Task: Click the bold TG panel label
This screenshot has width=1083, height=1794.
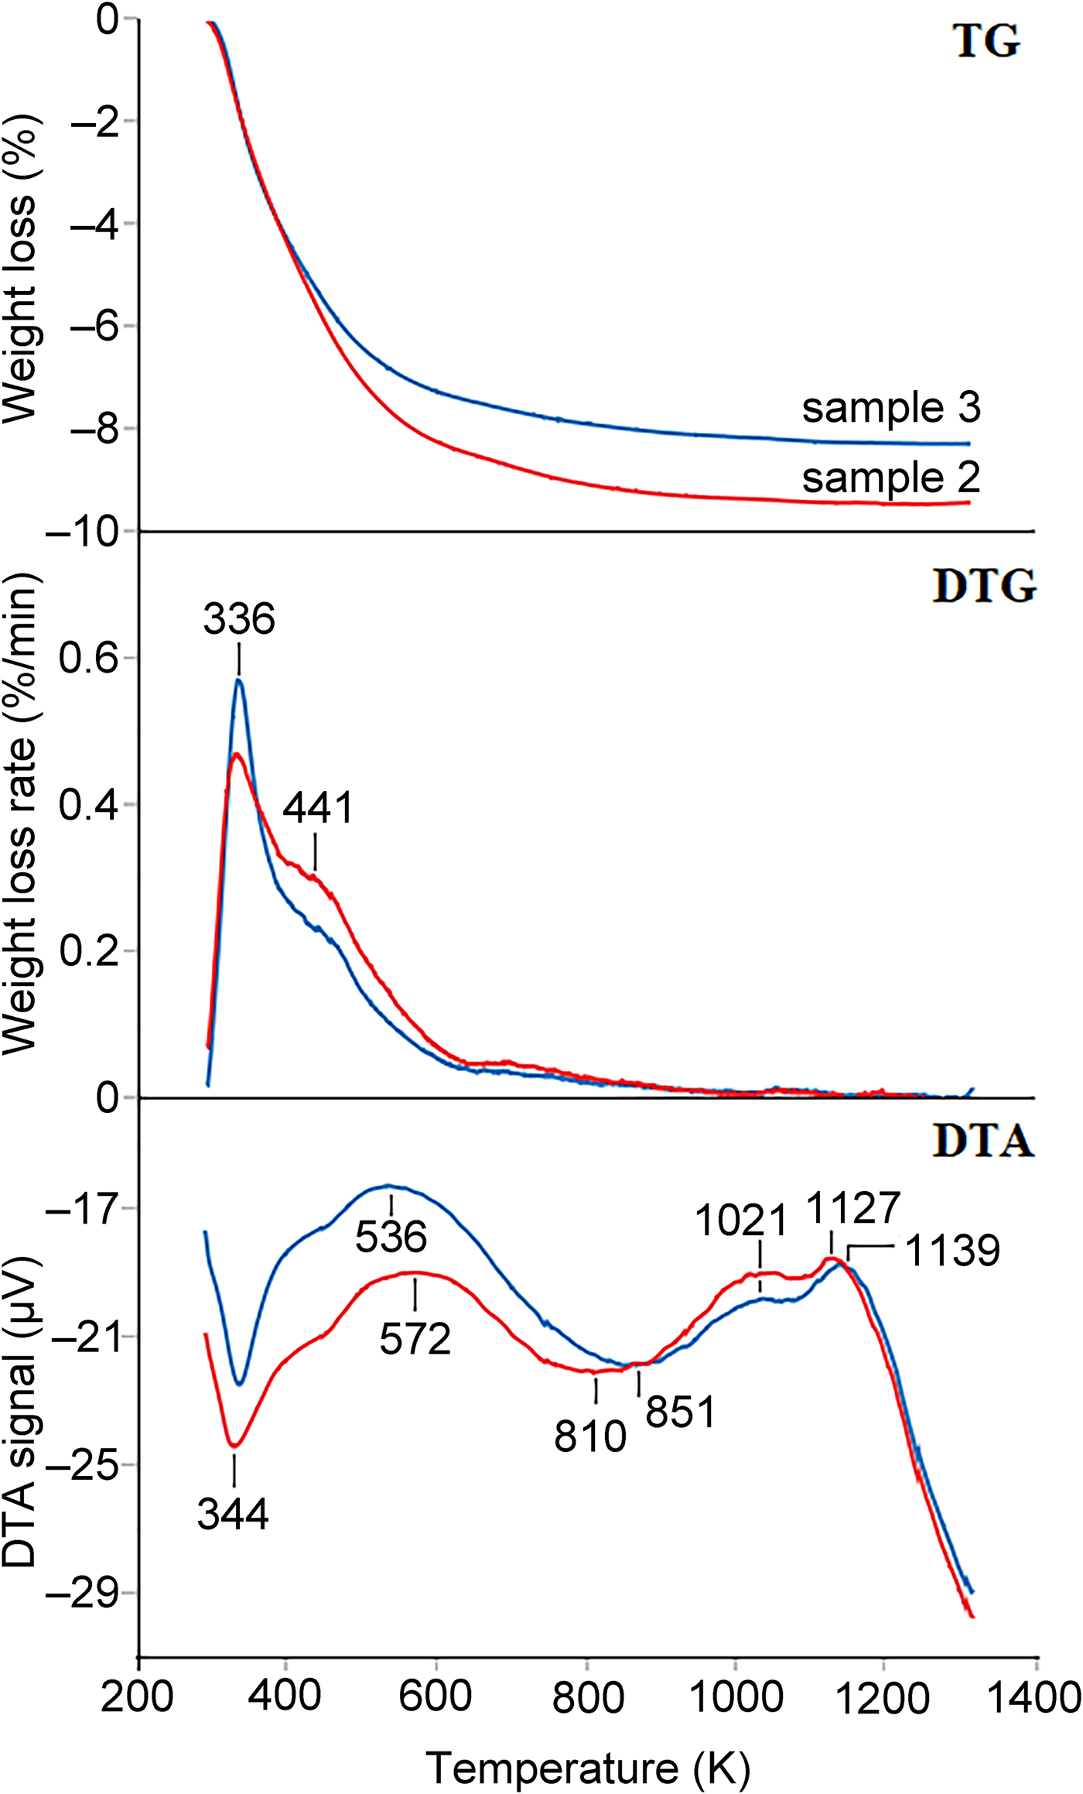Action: click(986, 42)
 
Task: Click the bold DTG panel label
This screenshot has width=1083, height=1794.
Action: click(984, 587)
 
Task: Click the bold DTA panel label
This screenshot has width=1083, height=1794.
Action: click(983, 1142)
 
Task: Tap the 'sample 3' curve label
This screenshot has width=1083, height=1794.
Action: click(891, 408)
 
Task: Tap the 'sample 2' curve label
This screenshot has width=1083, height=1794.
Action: click(891, 478)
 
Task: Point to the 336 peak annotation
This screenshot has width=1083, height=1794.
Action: click(239, 620)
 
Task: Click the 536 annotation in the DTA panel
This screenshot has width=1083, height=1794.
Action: click(391, 1237)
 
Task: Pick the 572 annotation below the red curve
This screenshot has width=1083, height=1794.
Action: click(415, 1339)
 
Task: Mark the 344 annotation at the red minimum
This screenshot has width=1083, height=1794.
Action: click(233, 1514)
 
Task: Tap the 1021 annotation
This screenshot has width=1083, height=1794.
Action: click(741, 1222)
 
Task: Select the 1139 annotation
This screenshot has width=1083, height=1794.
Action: click(952, 1251)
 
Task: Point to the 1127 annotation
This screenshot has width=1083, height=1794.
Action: click(854, 1208)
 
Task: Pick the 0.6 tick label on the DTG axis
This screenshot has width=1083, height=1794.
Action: click(89, 659)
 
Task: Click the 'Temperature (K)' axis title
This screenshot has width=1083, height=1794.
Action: click(588, 1766)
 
